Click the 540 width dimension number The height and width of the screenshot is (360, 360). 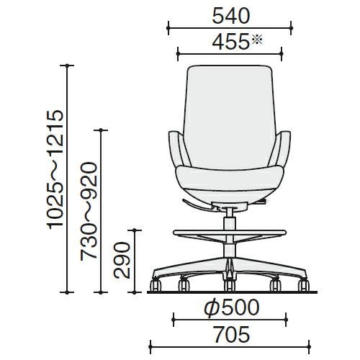click(231, 17)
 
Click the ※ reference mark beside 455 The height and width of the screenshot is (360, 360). click(257, 40)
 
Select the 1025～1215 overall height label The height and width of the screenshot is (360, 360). click(55, 169)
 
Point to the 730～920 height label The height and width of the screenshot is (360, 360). click(89, 212)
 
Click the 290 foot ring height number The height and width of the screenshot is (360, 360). click(122, 261)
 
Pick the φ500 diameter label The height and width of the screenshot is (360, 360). click(232, 307)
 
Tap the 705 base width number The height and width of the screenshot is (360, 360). click(232, 335)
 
